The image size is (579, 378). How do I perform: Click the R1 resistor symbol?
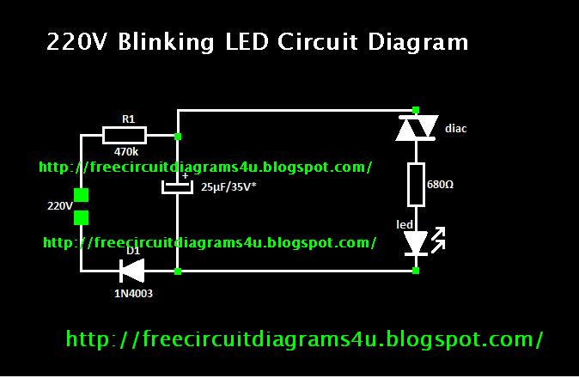(x=125, y=135)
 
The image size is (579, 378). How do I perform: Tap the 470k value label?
(x=125, y=152)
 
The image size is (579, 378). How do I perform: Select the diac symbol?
(x=416, y=129)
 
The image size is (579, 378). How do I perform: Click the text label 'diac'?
(x=456, y=129)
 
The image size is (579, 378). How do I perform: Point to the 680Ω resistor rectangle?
(x=416, y=184)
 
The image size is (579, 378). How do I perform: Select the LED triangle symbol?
(x=416, y=243)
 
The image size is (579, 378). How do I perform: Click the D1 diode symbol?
(x=133, y=271)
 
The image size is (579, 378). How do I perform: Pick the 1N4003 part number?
(x=134, y=293)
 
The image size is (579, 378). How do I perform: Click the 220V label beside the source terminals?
(x=59, y=206)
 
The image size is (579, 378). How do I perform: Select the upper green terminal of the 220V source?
(x=81, y=196)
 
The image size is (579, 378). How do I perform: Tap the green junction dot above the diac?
(x=416, y=110)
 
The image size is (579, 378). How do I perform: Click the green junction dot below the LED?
(x=416, y=271)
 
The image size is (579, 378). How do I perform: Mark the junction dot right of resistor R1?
(x=178, y=136)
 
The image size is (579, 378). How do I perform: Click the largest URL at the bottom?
(x=305, y=339)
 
